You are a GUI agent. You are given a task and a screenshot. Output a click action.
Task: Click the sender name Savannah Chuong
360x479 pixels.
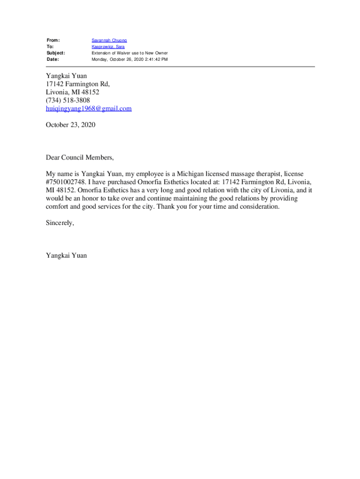coord(109,40)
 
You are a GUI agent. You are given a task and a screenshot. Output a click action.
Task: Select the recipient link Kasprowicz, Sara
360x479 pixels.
coord(108,47)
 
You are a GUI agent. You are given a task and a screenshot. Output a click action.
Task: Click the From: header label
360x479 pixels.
coord(53,40)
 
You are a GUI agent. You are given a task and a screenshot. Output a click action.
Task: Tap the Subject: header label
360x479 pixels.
coord(56,53)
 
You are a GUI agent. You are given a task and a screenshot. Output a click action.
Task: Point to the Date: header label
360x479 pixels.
coord(53,59)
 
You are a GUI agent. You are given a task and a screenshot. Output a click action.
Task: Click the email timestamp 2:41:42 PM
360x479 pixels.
coord(154,59)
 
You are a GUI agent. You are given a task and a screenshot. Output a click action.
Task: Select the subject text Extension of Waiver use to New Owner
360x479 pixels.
coord(130,53)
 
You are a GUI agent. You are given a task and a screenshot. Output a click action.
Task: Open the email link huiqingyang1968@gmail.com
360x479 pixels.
coord(88,109)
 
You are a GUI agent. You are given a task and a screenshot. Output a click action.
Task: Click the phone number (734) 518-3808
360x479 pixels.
coord(68,100)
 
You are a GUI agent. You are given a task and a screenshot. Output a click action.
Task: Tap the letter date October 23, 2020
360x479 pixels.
coord(70,125)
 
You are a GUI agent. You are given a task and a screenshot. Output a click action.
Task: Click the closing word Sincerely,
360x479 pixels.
coord(60,223)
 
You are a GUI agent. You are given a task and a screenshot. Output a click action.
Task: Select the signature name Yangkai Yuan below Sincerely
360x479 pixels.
coord(66,255)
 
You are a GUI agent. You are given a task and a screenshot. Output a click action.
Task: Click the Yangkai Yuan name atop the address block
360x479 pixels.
coord(66,76)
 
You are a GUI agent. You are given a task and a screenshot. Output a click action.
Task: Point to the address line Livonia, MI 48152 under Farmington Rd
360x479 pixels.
coord(72,92)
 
